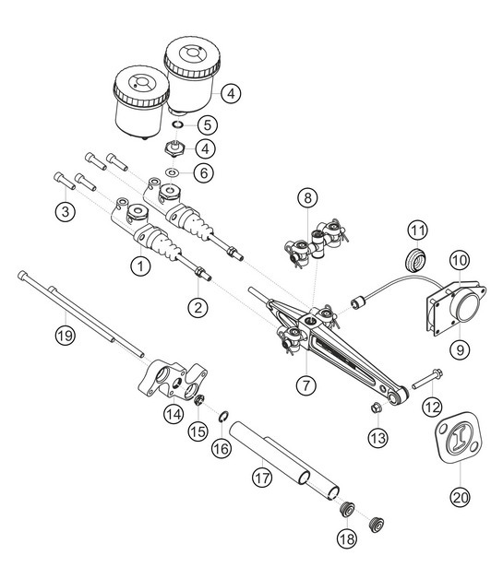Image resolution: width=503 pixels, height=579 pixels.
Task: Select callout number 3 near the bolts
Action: coord(64,212)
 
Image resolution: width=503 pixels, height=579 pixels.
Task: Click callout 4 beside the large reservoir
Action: coord(231,93)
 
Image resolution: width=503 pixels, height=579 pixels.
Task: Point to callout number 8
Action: coord(307,197)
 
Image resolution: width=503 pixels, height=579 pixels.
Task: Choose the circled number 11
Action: coord(419,230)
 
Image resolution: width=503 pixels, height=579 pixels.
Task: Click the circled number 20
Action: coord(459,496)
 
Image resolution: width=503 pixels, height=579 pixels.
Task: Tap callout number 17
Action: coord(262,477)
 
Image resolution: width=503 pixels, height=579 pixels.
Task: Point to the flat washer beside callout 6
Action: coord(174,172)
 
